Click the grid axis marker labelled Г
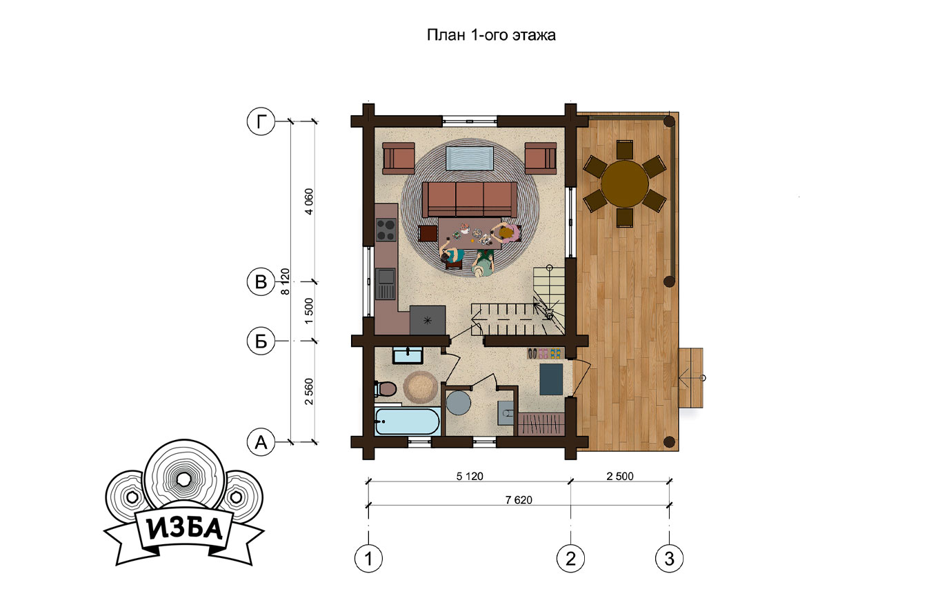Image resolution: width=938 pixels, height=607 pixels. click(x=261, y=121)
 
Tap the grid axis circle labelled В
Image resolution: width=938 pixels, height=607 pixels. click(x=261, y=281)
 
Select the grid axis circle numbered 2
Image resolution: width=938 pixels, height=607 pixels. click(x=570, y=558)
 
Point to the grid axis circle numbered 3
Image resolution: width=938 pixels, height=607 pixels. click(x=669, y=558)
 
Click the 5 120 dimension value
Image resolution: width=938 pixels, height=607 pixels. click(x=470, y=477)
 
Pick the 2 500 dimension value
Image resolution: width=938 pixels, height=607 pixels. click(x=620, y=477)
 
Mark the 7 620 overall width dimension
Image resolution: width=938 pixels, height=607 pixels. click(x=519, y=500)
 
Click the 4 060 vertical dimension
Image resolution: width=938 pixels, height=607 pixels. click(x=309, y=201)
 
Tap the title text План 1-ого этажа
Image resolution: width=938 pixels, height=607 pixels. click(x=491, y=35)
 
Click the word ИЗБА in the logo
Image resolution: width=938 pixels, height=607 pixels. click(x=184, y=529)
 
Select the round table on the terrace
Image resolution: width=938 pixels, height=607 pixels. click(x=625, y=184)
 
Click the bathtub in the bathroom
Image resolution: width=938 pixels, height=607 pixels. click(x=407, y=421)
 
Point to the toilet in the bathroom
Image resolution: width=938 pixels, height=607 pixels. click(x=386, y=389)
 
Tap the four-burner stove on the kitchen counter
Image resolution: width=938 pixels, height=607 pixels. click(x=386, y=230)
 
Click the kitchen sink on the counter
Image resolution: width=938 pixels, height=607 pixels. click(x=386, y=283)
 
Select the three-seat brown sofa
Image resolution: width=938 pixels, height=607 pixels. click(x=469, y=199)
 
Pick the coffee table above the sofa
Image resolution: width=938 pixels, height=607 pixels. click(x=470, y=159)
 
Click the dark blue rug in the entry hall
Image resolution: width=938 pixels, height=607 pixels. click(x=551, y=379)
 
